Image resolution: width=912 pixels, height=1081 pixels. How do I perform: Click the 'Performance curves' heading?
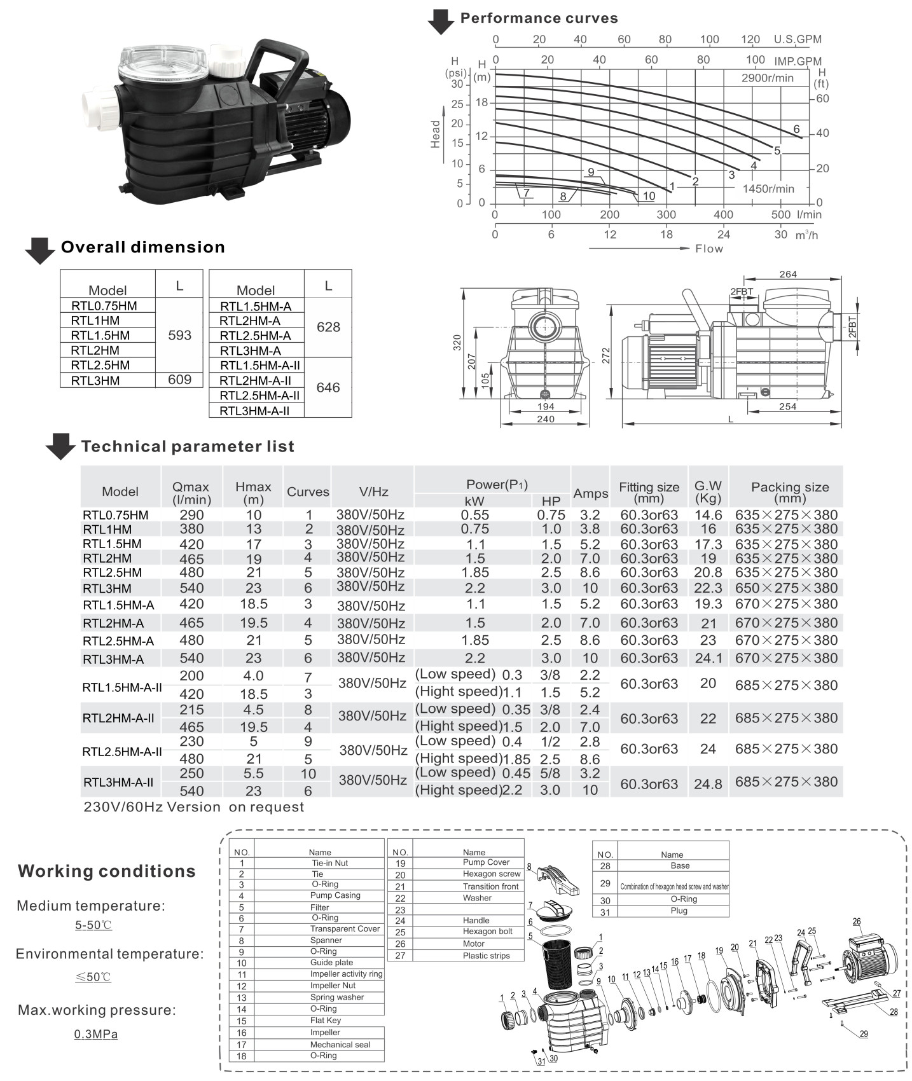539,18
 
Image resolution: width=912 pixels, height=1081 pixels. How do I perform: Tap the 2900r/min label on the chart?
767,78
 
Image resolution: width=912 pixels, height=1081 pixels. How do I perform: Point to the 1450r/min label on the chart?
768,189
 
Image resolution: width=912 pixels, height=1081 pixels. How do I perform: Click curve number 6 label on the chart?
796,130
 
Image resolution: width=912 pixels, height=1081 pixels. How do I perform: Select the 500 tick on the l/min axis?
780,215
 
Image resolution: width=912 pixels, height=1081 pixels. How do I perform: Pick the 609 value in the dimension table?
179,380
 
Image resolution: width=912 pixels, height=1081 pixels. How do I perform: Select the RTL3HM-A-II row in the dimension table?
254,411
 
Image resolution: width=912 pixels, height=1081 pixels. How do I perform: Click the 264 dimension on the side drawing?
787,274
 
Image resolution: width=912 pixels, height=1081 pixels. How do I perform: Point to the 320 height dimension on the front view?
457,343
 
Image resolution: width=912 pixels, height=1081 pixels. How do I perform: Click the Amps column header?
590,493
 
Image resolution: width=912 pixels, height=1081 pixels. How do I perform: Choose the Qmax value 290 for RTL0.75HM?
191,515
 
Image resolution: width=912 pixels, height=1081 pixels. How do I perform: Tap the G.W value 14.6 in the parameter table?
708,515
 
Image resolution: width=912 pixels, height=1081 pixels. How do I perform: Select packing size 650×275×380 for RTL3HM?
786,588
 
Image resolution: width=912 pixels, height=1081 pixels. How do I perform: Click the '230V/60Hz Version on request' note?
194,807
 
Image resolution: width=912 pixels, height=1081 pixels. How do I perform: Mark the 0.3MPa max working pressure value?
96,1034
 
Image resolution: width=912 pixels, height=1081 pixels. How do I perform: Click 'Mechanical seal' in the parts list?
340,1044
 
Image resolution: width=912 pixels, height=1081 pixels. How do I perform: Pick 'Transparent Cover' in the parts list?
345,929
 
